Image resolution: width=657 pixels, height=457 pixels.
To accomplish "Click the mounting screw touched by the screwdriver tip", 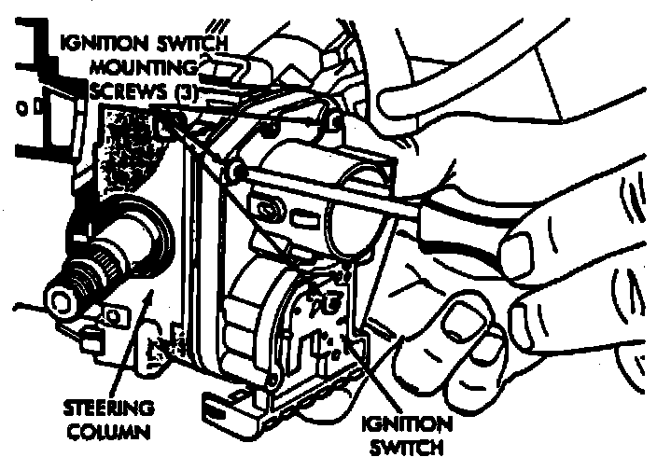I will [236, 172].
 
